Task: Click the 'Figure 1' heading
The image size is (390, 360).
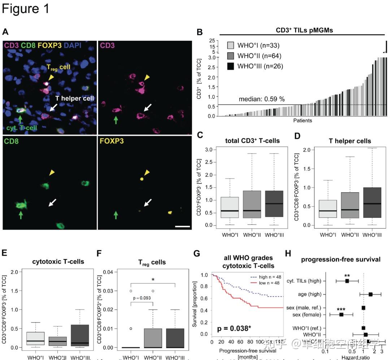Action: pos(25,9)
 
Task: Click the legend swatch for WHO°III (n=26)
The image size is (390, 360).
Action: pos(231,66)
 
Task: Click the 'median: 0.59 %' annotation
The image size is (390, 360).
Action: pos(261,99)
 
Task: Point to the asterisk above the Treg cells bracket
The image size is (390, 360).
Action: pos(153,280)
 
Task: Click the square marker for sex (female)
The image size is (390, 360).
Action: pos(341,315)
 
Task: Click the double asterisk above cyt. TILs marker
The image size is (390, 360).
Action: pos(347,276)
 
